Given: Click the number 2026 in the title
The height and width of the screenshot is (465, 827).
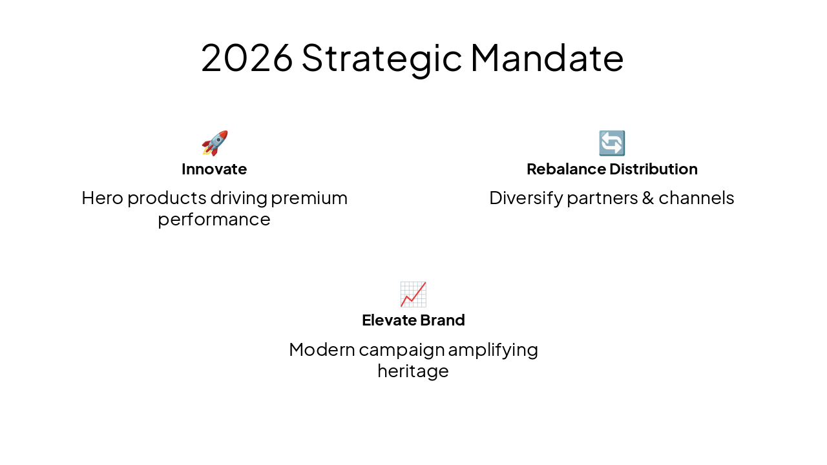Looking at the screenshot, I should tap(247, 57).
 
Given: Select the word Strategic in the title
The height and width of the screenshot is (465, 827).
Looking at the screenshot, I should tap(381, 57).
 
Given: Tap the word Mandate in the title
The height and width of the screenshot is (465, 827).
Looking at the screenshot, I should tap(547, 57).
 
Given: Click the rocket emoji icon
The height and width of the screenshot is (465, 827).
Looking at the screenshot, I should tap(215, 143).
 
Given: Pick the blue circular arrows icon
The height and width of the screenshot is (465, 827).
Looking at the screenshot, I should tap(611, 143).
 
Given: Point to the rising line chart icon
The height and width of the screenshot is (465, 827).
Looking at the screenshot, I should tap(413, 294).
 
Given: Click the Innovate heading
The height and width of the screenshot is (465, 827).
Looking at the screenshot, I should tap(214, 169).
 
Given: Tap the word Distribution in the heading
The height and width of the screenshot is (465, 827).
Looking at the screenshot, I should tap(654, 169).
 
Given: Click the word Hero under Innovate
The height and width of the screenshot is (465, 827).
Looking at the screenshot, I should tap(102, 198).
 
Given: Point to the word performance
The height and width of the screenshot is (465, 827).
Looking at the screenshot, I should tap(214, 220).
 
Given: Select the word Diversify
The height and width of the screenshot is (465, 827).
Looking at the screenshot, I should tap(526, 198).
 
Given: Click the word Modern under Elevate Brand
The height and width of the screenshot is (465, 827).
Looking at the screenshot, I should tap(322, 349).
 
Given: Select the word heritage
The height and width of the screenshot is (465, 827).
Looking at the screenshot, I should tap(413, 372).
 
